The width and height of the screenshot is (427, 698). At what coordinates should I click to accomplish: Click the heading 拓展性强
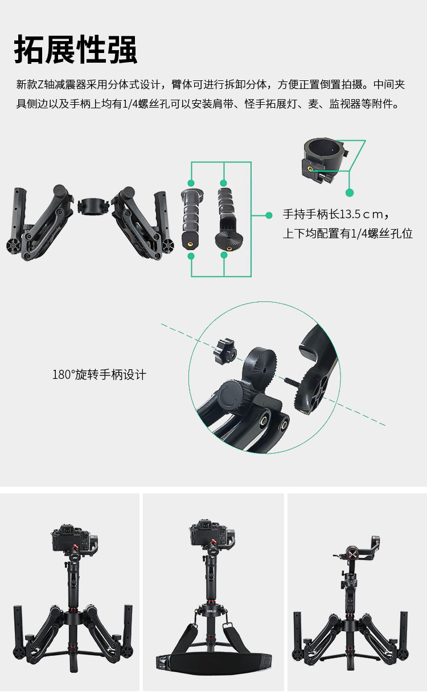[76, 50]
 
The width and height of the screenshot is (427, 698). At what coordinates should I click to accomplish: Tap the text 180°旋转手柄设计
[99, 375]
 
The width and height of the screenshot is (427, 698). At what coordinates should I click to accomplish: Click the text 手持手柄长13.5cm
[335, 215]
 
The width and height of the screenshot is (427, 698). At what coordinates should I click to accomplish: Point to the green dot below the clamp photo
[350, 193]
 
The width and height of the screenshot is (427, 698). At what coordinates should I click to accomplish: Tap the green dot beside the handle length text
[269, 215]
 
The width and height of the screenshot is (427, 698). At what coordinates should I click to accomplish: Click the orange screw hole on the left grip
[190, 243]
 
